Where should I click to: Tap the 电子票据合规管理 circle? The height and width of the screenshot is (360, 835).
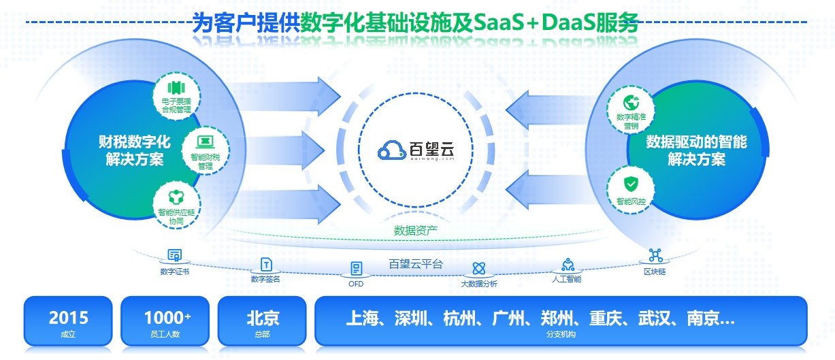tap(176, 97)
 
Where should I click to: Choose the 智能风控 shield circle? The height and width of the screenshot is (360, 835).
tap(631, 188)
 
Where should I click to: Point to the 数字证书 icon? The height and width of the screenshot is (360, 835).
tap(175, 256)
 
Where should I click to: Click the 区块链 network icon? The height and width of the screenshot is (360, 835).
tap(655, 256)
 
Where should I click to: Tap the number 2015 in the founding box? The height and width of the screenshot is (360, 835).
tap(68, 317)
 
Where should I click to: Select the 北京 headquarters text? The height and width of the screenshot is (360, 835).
tap(263, 317)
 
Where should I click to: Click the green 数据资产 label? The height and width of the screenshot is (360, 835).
tap(416, 230)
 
